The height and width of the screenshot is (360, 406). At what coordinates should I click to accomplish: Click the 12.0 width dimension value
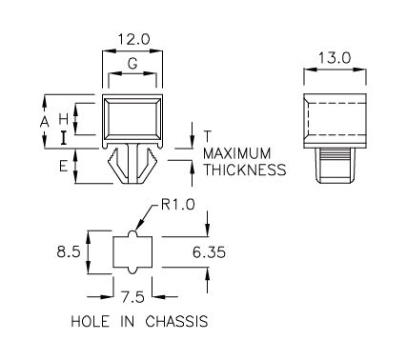133,40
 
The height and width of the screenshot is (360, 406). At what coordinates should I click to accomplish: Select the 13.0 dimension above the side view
335,58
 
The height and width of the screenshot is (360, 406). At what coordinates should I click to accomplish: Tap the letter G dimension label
132,64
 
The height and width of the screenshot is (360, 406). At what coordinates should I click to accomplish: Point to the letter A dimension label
45,122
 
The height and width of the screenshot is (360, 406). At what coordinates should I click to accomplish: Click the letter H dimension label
64,119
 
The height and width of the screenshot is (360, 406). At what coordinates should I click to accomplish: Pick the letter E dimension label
64,166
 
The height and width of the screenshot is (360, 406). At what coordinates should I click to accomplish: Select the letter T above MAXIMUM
207,136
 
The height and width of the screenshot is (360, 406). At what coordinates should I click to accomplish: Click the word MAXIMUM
237,153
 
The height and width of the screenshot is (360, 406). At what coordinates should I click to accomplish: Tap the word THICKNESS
245,170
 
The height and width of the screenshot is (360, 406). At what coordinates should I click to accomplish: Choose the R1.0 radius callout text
178,205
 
